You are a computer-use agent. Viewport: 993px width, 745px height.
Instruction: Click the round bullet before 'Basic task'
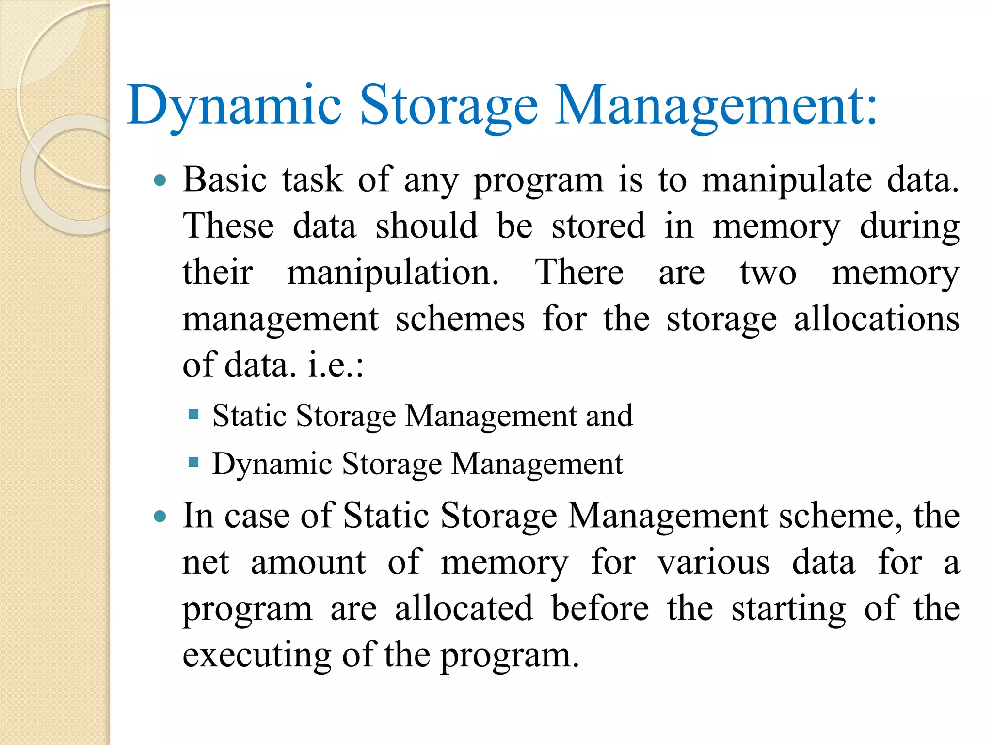coord(160,181)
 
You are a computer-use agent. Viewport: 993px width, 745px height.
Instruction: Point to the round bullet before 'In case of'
coord(160,517)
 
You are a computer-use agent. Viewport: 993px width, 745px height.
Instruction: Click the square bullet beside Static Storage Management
coord(193,414)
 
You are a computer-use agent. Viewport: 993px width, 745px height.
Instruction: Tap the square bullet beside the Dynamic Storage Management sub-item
coord(193,462)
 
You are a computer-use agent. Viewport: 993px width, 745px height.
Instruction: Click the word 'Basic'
coord(224,179)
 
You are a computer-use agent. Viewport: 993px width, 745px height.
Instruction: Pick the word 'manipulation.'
coord(393,273)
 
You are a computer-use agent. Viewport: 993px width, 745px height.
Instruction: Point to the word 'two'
coord(768,273)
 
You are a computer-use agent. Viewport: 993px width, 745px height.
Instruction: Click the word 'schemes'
coord(460,319)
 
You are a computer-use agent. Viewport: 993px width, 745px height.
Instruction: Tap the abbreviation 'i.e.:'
coord(336,365)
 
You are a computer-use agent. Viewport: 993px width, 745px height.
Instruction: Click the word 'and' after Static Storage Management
coord(609,416)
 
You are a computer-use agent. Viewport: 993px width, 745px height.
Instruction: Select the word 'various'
coord(713,563)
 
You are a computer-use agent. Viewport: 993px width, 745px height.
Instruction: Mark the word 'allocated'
coord(464,609)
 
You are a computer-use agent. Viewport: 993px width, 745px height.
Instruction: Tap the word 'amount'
coord(308,563)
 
